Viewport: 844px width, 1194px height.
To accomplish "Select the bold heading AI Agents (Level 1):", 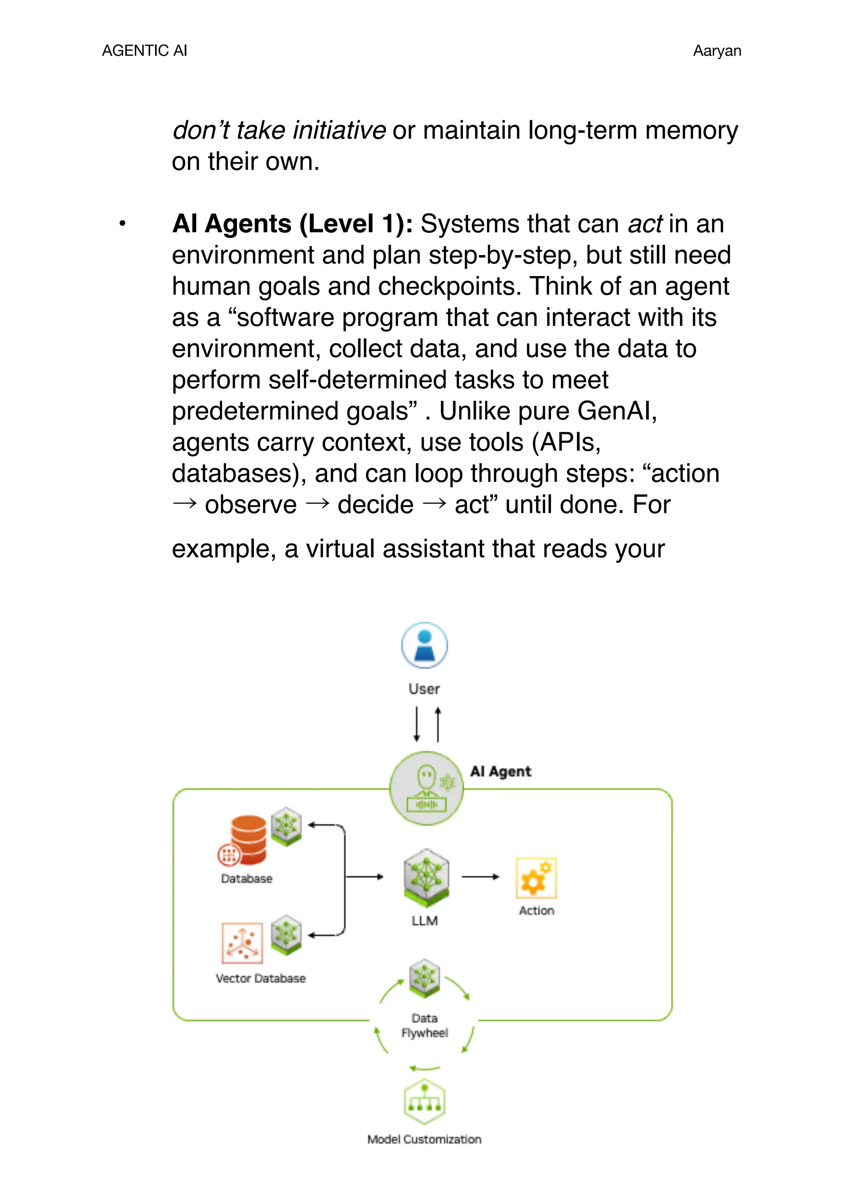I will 292,224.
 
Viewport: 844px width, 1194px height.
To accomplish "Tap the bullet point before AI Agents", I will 122,224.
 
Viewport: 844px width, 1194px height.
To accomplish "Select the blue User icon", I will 424,645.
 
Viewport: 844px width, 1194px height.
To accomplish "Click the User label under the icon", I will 424,689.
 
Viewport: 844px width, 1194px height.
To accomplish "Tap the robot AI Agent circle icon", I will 427,788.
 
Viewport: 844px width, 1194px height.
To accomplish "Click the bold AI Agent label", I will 500,771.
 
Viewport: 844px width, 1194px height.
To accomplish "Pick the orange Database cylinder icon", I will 248,838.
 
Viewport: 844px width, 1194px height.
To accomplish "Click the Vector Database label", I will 260,978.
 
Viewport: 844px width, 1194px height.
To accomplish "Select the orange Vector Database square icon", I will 242,943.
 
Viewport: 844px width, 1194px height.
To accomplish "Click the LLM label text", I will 424,920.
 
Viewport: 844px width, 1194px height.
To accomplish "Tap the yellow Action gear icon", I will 536,878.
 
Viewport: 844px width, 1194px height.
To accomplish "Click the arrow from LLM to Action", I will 479,877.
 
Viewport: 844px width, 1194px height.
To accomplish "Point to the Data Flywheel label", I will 424,1025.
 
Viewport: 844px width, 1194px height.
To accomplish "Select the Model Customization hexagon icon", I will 424,1101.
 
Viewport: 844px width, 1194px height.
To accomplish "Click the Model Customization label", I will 424,1139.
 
